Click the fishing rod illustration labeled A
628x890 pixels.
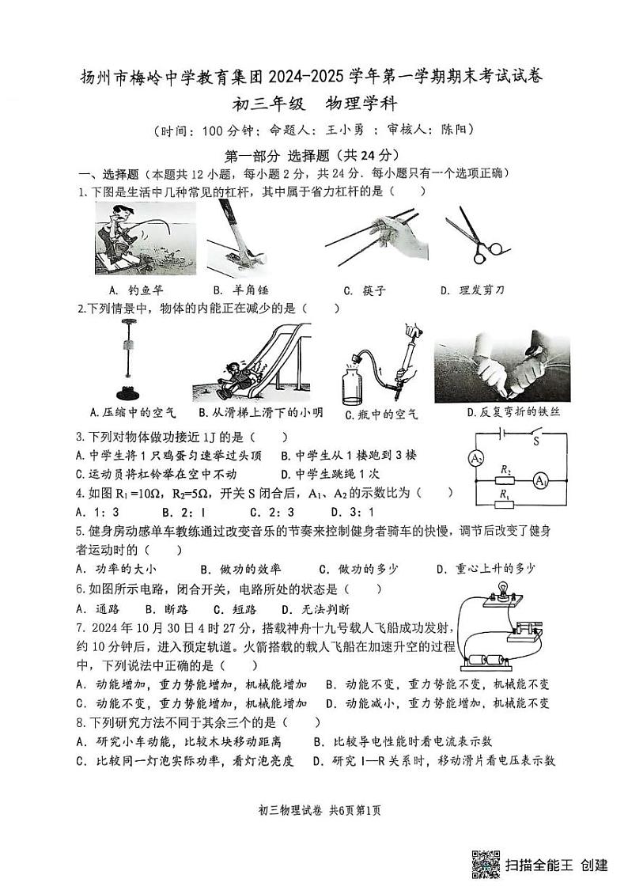[146, 237]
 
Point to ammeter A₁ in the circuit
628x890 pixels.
[539, 480]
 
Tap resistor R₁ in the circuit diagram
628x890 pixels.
[504, 504]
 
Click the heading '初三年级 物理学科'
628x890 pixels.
[313, 103]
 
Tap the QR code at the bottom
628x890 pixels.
[485, 865]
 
